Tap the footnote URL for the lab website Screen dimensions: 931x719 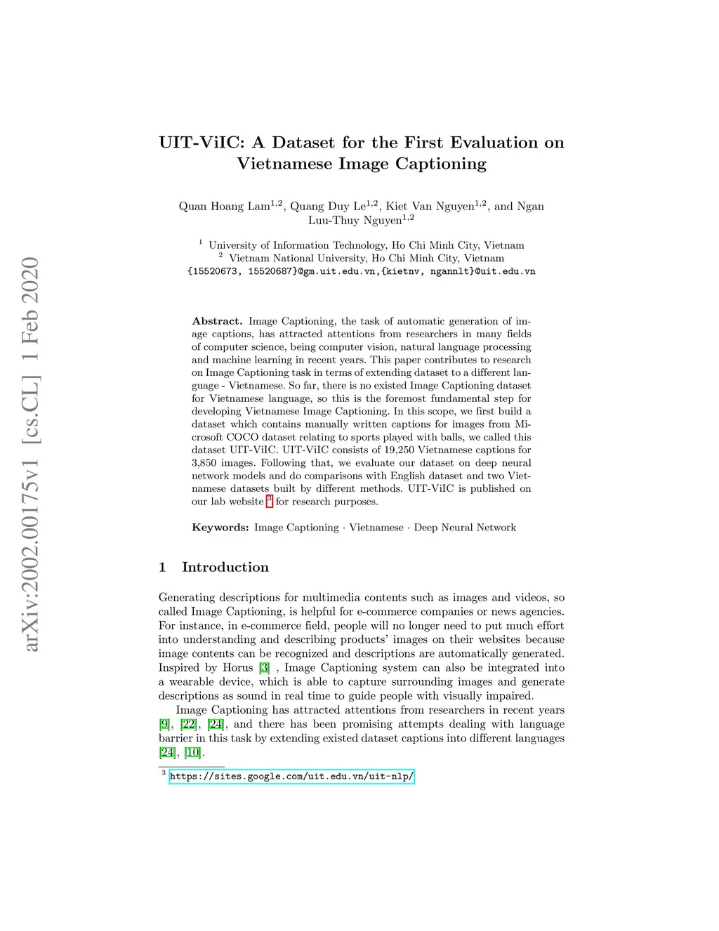[x=291, y=776]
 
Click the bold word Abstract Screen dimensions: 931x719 [x=217, y=321]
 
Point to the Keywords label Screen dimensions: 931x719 [x=220, y=528]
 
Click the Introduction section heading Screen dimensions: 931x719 [x=225, y=567]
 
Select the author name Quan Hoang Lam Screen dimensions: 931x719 [x=224, y=206]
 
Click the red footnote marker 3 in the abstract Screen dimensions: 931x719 [x=270, y=500]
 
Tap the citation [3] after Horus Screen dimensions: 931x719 [x=264, y=668]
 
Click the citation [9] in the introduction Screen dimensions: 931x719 [x=164, y=724]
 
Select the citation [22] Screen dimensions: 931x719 [x=189, y=724]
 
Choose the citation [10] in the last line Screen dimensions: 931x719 [x=192, y=753]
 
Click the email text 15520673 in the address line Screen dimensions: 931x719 [x=213, y=271]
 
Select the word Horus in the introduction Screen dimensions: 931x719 [x=238, y=668]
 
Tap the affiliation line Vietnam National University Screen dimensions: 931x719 [x=367, y=258]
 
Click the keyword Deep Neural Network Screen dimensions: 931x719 [x=465, y=528]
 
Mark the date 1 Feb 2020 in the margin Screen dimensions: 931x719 [x=31, y=310]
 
